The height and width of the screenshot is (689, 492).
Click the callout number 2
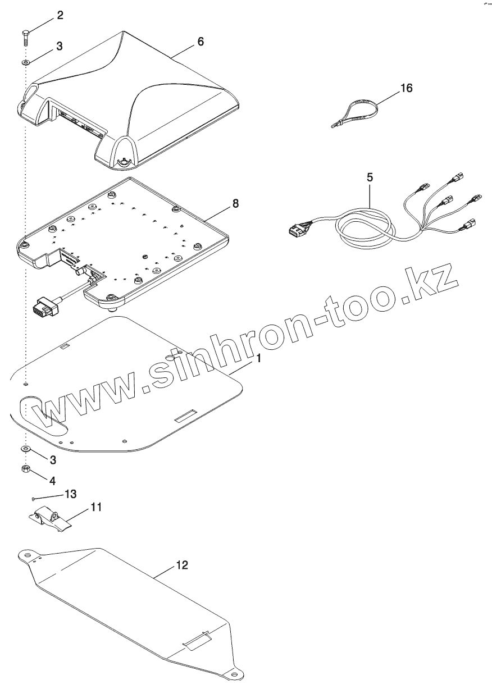(60, 16)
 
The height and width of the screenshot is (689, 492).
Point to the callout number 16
(406, 88)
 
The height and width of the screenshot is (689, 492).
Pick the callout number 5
(369, 177)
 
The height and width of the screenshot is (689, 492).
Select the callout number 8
(235, 203)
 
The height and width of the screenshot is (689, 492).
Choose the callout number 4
(52, 481)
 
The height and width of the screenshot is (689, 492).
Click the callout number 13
(70, 494)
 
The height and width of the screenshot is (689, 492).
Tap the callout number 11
(96, 507)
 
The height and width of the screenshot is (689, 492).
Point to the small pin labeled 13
(35, 498)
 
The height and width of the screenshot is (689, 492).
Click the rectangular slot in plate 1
(185, 417)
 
